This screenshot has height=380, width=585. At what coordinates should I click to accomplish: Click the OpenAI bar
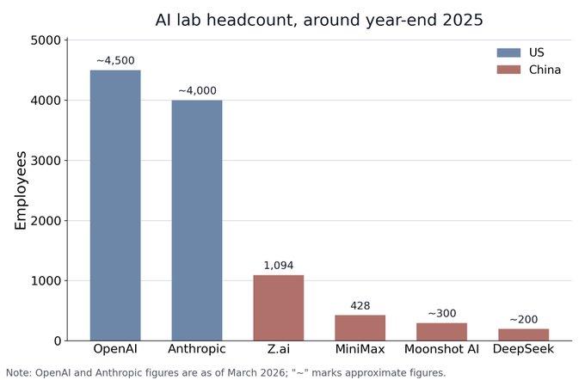click(x=115, y=205)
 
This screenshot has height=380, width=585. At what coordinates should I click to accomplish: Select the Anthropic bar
click(x=197, y=220)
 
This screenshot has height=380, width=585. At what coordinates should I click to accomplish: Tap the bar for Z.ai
click(x=279, y=308)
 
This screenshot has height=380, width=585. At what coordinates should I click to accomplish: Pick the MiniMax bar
click(x=360, y=328)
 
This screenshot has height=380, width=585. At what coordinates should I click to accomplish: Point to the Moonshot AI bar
click(x=441, y=332)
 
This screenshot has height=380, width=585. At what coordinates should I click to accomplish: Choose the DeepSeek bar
click(x=523, y=334)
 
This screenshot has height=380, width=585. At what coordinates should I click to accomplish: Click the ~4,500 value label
click(x=115, y=60)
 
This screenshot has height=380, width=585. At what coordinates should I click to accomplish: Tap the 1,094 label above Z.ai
click(x=279, y=266)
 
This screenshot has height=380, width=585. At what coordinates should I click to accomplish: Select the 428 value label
click(x=360, y=306)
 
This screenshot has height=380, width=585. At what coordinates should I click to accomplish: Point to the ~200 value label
click(x=523, y=320)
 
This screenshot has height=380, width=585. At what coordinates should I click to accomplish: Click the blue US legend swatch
click(x=508, y=52)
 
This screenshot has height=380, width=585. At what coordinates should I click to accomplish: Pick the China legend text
click(x=545, y=70)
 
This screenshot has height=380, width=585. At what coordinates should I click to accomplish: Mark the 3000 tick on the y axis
click(x=45, y=161)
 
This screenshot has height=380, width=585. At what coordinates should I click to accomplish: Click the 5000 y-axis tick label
click(x=45, y=40)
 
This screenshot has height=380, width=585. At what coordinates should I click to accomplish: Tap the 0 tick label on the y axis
click(x=57, y=340)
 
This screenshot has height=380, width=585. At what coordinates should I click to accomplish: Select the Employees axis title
click(x=20, y=190)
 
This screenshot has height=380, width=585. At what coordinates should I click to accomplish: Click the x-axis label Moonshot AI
click(x=441, y=349)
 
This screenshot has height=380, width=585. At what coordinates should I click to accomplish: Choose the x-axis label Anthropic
click(x=197, y=349)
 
